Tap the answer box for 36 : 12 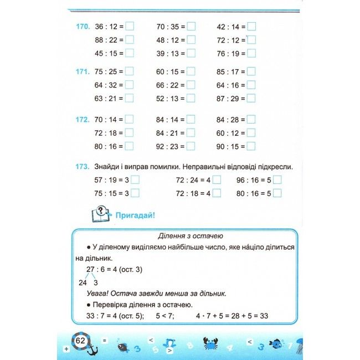(x=130, y=26)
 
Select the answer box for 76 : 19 (x=251, y=53)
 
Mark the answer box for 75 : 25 (x=130, y=71)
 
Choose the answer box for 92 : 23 (x=191, y=146)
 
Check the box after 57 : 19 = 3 (x=135, y=180)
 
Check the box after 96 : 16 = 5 (x=277, y=180)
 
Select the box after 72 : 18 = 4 (x=217, y=193)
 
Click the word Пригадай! (x=135, y=214)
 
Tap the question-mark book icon (x=99, y=213)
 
